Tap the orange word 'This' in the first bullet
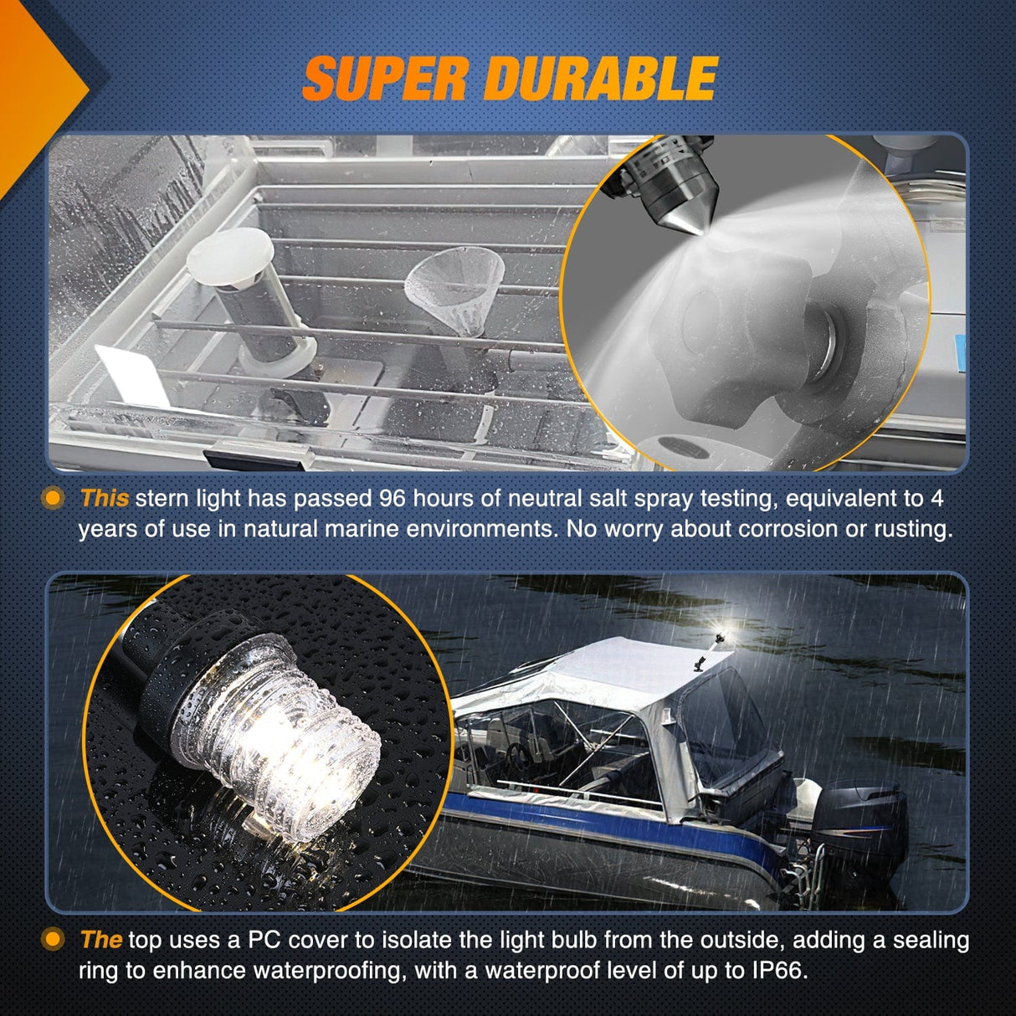pos(105,498)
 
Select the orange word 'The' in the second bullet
pos(101,940)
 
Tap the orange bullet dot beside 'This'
pos(53,498)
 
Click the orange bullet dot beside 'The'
pos(53,940)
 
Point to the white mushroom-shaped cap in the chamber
pos(230,257)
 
